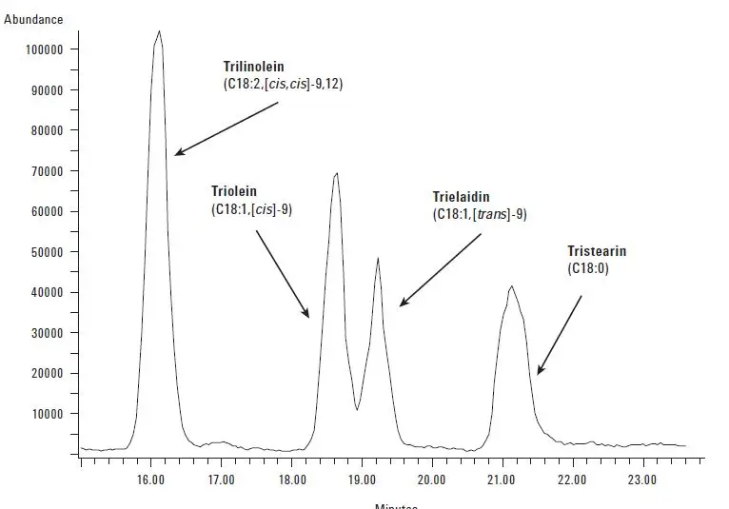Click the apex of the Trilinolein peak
point(159,31)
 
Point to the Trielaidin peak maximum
point(378,258)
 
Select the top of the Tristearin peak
point(512,285)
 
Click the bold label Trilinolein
point(253,68)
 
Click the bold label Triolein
point(234,191)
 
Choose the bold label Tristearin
point(597,252)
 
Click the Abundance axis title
point(33,19)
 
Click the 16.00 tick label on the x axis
point(150,480)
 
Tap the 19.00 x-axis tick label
point(362,480)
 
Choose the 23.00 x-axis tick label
point(642,480)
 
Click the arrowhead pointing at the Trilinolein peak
point(177,153)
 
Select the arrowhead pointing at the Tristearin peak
point(539,373)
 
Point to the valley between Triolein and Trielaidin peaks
point(357,409)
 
